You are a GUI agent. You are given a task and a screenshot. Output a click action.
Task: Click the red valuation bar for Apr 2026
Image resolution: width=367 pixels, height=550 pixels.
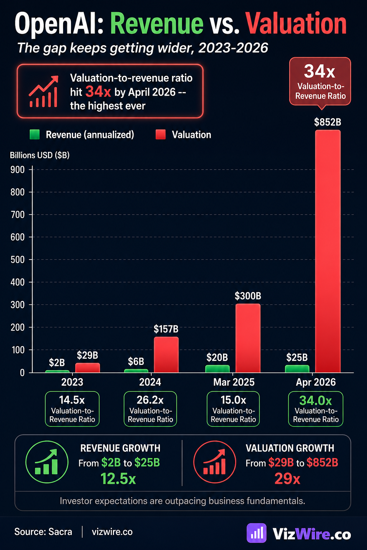328,251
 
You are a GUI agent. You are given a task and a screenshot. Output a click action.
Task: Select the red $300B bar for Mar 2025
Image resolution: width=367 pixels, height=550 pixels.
248,338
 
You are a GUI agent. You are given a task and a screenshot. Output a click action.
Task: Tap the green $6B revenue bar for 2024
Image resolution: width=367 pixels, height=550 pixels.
136,371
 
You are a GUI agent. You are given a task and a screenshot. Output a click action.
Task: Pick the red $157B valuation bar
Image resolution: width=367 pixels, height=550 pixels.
166,354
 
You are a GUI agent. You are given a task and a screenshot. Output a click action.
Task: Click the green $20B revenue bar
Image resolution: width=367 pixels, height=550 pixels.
217,369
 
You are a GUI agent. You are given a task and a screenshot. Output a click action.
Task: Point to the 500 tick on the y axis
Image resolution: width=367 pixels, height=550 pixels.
18,260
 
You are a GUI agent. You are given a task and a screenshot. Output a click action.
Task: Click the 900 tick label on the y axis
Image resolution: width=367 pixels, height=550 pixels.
18,170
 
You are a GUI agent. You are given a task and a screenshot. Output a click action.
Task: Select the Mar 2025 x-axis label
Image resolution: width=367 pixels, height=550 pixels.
234,382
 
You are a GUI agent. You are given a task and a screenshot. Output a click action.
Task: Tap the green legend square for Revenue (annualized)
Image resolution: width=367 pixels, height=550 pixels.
34,135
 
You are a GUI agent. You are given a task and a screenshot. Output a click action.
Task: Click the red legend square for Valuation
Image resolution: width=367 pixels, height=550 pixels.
161,135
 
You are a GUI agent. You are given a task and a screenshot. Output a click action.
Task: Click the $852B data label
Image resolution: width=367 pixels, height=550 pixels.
328,122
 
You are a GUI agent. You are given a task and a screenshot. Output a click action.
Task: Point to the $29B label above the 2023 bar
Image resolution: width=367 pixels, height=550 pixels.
87,356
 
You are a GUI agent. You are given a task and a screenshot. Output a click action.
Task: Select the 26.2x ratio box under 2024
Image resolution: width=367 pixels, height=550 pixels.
150,409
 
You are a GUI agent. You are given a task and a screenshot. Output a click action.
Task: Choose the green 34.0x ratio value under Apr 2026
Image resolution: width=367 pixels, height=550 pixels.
315,400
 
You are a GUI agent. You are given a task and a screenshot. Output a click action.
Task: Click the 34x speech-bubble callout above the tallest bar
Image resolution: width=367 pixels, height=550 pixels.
320,82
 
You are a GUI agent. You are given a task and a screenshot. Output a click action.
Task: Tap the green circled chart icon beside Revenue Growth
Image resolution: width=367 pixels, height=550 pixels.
47,462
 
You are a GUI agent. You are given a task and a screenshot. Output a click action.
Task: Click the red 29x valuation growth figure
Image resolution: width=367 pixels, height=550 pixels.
287,479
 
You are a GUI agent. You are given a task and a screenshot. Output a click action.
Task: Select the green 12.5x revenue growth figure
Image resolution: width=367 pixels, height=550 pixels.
118,479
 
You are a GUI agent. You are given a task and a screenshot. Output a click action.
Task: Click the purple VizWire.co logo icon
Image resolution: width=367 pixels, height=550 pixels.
257,533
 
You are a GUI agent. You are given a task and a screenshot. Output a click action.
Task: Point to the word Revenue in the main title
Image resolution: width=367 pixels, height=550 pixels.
157,24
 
